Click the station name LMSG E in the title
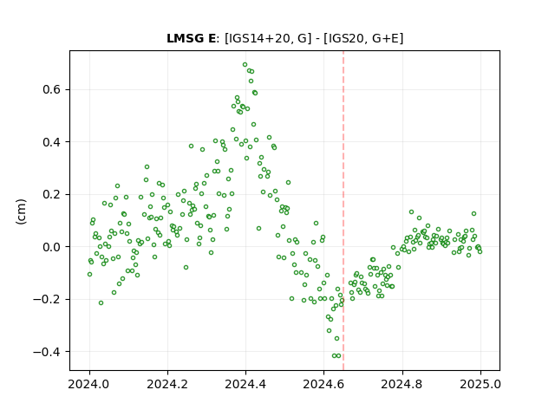pos(191,38)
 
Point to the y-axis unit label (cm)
pos(21,211)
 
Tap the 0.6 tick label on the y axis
pos(52,89)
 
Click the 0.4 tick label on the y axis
pos(52,142)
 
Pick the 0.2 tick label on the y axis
pos(52,194)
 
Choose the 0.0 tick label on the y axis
pos(52,246)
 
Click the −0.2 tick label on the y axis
pos(47,299)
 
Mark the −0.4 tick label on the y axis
pos(47,352)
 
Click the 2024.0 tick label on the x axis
pos(89,384)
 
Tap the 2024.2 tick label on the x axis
pos(167,384)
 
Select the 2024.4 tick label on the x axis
pos(245,384)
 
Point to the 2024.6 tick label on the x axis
pos(323,384)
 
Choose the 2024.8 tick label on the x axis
pos(402,384)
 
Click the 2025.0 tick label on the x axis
pos(480,384)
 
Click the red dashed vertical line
pos(343,211)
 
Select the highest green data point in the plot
pos(245,65)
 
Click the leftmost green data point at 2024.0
pos(89,274)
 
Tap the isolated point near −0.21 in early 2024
pos(101,302)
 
